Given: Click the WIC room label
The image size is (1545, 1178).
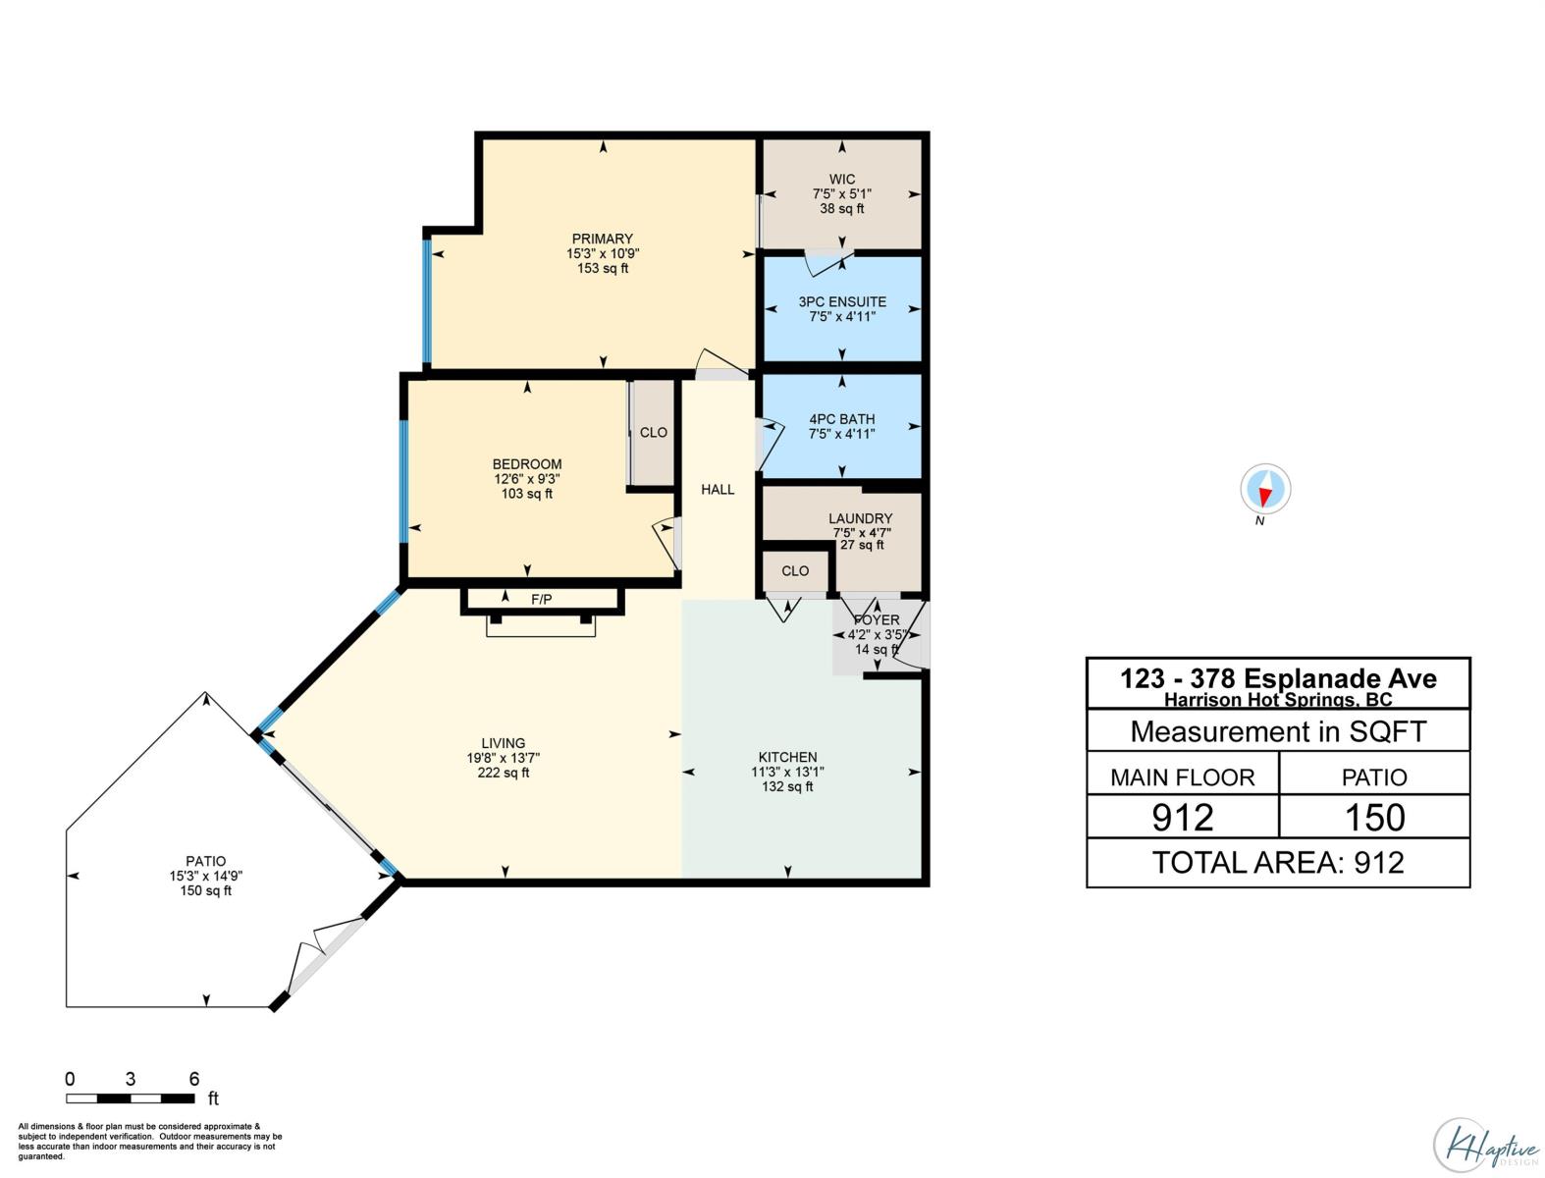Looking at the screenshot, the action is tap(842, 179).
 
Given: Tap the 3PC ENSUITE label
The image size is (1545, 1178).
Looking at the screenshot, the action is tap(842, 301).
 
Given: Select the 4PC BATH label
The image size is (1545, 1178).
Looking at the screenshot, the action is tap(842, 419).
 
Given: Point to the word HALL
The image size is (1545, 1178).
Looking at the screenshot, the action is tap(718, 489).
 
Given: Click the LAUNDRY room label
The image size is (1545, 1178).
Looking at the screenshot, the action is tap(860, 518).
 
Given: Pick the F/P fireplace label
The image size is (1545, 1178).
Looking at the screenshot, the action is tap(541, 599).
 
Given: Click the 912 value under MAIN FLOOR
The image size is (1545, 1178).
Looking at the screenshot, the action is tap(1183, 818).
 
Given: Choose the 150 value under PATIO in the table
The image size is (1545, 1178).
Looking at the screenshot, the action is tap(1374, 818).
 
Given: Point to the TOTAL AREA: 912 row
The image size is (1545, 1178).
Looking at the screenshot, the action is tap(1278, 862).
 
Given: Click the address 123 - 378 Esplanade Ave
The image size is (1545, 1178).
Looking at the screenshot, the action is tap(1278, 678).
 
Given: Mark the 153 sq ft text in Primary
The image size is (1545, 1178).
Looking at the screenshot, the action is tap(603, 268).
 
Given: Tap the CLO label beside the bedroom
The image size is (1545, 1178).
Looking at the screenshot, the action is tap(653, 432).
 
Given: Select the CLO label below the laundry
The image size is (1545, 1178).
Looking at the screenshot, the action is tap(795, 570).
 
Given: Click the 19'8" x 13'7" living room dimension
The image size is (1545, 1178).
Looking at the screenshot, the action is tap(503, 758).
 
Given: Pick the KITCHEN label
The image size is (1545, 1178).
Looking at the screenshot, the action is tap(787, 757).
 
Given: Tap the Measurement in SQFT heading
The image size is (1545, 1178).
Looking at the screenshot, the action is tap(1278, 731).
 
